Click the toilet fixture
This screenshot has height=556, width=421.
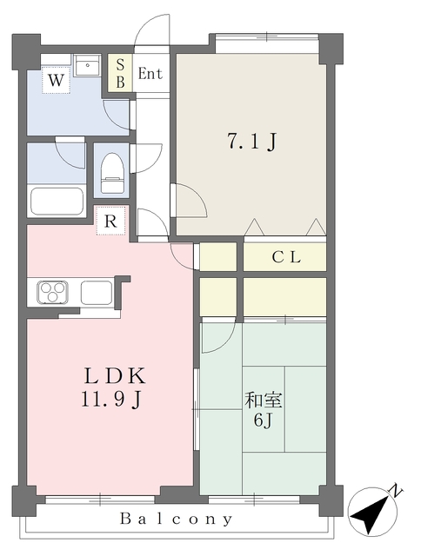[x=112, y=173]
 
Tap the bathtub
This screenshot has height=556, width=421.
[x=57, y=201]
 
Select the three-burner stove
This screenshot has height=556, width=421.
[x=53, y=292]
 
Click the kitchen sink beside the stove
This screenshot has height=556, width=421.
[x=97, y=293]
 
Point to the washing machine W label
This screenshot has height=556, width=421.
[x=56, y=80]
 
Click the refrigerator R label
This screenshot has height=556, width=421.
[x=110, y=221]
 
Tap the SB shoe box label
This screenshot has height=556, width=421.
[x=120, y=73]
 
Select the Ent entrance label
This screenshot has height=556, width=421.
[x=150, y=74]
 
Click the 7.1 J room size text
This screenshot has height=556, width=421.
[x=251, y=141]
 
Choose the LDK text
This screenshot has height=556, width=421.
[x=114, y=376]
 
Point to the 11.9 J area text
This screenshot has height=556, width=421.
[x=111, y=400]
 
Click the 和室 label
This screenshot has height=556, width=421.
[x=263, y=400]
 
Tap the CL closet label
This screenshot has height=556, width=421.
[x=286, y=257]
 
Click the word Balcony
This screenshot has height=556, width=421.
[x=176, y=520]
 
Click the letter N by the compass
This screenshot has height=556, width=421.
[x=396, y=490]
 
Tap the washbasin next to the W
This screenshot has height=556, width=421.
[x=87, y=65]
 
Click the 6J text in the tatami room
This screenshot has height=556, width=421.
[x=263, y=420]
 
